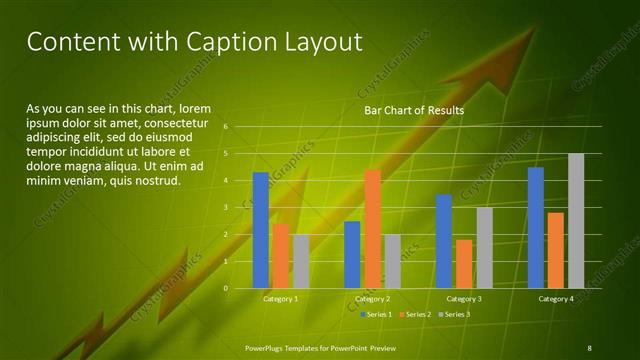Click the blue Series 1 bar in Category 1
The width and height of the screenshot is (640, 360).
click(260, 230)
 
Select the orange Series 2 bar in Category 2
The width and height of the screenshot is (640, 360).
click(372, 229)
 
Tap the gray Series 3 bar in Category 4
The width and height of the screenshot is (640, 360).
click(576, 221)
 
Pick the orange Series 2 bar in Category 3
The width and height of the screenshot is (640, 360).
click(464, 264)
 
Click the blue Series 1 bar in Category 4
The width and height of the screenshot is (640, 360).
click(536, 227)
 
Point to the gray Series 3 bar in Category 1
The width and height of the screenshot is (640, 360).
click(301, 261)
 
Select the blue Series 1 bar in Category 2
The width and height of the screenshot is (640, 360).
click(352, 254)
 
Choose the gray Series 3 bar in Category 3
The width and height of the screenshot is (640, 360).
click(484, 248)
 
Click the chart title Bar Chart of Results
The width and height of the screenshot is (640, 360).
click(413, 111)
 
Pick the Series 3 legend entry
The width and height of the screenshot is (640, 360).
click(456, 314)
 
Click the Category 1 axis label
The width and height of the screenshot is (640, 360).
click(280, 299)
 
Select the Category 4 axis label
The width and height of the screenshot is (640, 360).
click(556, 299)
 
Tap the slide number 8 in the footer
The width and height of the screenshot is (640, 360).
click(589, 347)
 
